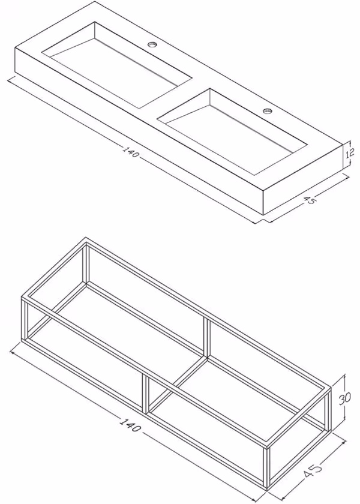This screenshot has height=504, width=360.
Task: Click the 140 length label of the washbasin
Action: click(131, 152)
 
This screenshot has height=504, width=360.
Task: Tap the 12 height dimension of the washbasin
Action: click(350, 154)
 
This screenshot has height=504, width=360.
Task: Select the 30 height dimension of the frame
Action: click(344, 398)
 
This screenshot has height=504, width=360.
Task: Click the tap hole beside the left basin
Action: click(152, 44)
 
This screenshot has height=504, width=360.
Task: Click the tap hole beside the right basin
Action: click(268, 111)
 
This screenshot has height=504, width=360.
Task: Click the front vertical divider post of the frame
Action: click(145, 394)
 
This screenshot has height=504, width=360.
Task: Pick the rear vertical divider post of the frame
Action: click(206, 338)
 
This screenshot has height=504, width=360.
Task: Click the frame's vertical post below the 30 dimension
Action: click(327, 409)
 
